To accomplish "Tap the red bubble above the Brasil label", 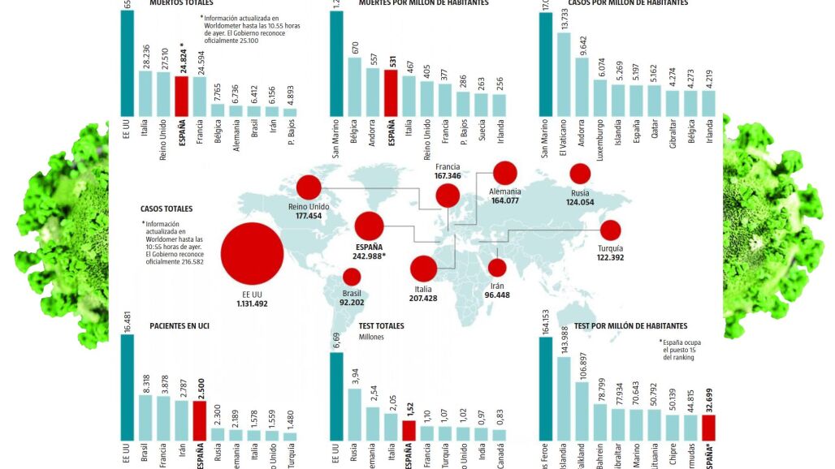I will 352,278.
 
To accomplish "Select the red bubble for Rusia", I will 580,173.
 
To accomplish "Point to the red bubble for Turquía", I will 609,230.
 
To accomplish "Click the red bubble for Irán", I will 497,268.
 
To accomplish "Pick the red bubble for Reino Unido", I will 309,188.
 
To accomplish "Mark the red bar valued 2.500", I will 199,422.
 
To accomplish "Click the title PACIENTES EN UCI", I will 181,326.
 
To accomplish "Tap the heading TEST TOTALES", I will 382,326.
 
